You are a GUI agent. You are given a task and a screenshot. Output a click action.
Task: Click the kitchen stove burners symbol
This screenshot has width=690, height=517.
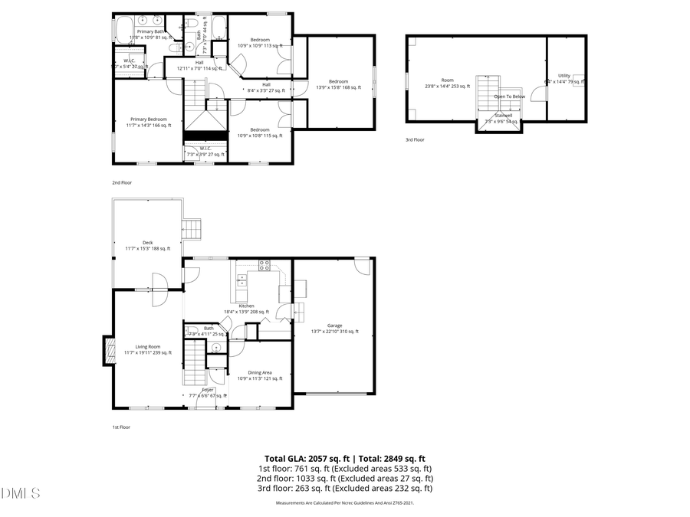pos(264,266)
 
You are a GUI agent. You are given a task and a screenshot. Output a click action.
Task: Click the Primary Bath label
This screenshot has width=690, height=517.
pos(149,32)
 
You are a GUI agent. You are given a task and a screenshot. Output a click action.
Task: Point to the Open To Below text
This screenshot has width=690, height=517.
pos(509,97)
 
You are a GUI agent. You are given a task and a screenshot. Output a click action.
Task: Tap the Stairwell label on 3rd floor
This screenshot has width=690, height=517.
pos(503,116)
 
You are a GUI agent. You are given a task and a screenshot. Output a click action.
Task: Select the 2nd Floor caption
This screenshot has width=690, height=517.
pos(123,183)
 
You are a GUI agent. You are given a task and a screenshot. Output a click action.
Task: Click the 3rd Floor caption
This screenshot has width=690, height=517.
pos(415,139)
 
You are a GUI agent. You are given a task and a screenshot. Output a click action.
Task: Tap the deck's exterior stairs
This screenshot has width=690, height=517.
pos(191,228)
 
